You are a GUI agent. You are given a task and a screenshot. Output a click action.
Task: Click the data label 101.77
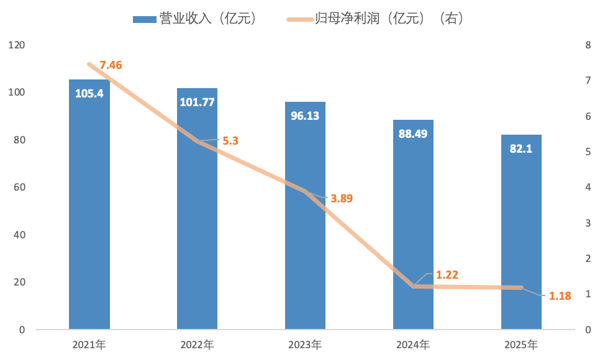click(197, 102)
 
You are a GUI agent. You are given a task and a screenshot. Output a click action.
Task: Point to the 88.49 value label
click(413, 134)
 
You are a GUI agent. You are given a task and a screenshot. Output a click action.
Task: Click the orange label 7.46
click(111, 65)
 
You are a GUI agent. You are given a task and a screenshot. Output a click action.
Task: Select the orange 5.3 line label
click(230, 141)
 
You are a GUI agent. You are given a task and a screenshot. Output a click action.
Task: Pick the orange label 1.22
click(447, 274)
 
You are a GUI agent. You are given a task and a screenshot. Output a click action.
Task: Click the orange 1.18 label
click(560, 295)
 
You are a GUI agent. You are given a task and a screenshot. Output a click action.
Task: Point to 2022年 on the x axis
click(197, 344)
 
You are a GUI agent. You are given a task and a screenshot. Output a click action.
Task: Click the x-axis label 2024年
click(413, 344)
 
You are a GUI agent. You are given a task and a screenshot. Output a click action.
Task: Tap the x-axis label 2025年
click(521, 344)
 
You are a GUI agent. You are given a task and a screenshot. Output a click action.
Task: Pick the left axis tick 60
click(19, 187)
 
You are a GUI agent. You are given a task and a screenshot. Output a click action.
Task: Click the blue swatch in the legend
click(144, 19)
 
